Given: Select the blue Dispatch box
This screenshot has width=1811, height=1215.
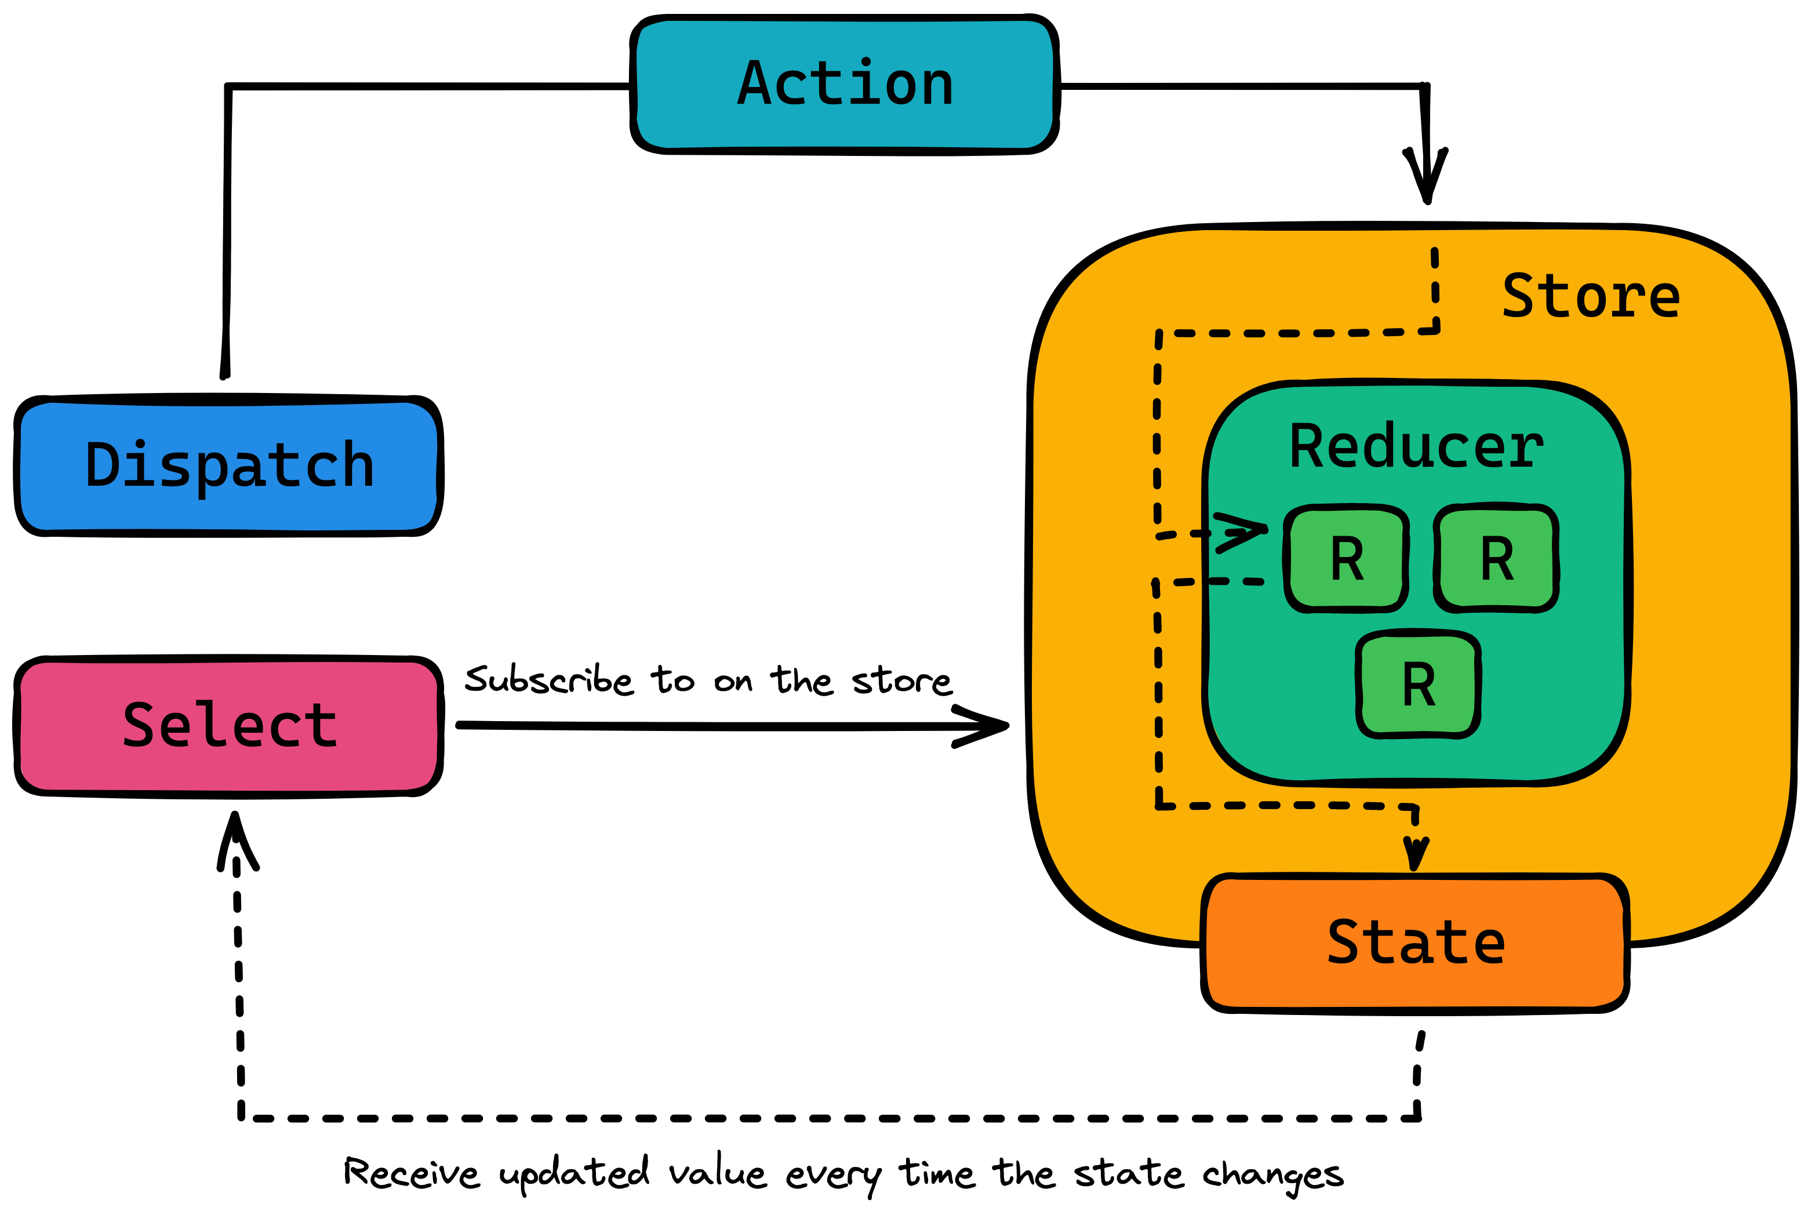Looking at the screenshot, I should click(x=228, y=465).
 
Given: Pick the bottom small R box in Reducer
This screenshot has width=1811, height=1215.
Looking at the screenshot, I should click(x=1417, y=684).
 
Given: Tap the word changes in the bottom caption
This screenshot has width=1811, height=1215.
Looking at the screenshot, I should click(x=1272, y=1176).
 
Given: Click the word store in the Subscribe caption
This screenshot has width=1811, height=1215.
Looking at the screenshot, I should click(x=901, y=681).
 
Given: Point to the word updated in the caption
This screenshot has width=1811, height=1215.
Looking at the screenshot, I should click(x=574, y=1174).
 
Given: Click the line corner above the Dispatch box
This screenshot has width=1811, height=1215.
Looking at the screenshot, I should click(x=228, y=86).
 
